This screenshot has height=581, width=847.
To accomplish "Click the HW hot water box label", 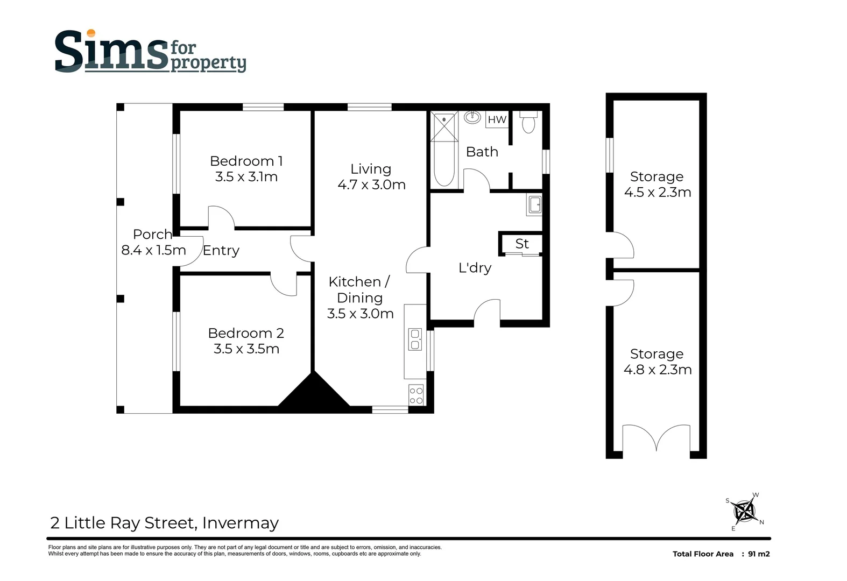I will tap(497, 119).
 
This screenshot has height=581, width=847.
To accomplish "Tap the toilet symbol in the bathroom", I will tap(528, 123).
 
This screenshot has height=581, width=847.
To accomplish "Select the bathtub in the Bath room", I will tap(444, 164).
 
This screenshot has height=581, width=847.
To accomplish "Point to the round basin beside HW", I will tap(472, 117).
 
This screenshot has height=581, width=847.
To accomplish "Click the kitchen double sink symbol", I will tap(415, 339).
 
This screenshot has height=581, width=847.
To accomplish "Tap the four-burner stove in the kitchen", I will tap(416, 394).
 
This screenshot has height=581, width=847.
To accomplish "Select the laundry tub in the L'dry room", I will tap(534, 205).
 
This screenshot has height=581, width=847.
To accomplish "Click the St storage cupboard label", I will tap(521, 244).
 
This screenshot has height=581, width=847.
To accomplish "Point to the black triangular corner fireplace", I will tap(314, 393).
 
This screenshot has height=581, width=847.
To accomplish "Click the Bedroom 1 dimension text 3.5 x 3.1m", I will tap(246, 177).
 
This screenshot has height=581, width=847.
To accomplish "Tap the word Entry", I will tap(221, 251).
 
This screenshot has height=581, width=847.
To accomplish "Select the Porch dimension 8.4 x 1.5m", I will tap(153, 250).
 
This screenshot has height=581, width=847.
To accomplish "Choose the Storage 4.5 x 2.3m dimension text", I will tap(657, 193).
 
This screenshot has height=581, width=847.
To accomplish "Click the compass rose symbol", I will tap(745, 511).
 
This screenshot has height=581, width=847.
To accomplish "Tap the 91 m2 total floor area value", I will tap(759, 554).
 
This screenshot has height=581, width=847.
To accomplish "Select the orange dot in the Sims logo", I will tap(91, 33).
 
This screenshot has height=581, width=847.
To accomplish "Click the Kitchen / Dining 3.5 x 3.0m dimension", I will tap(360, 314).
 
